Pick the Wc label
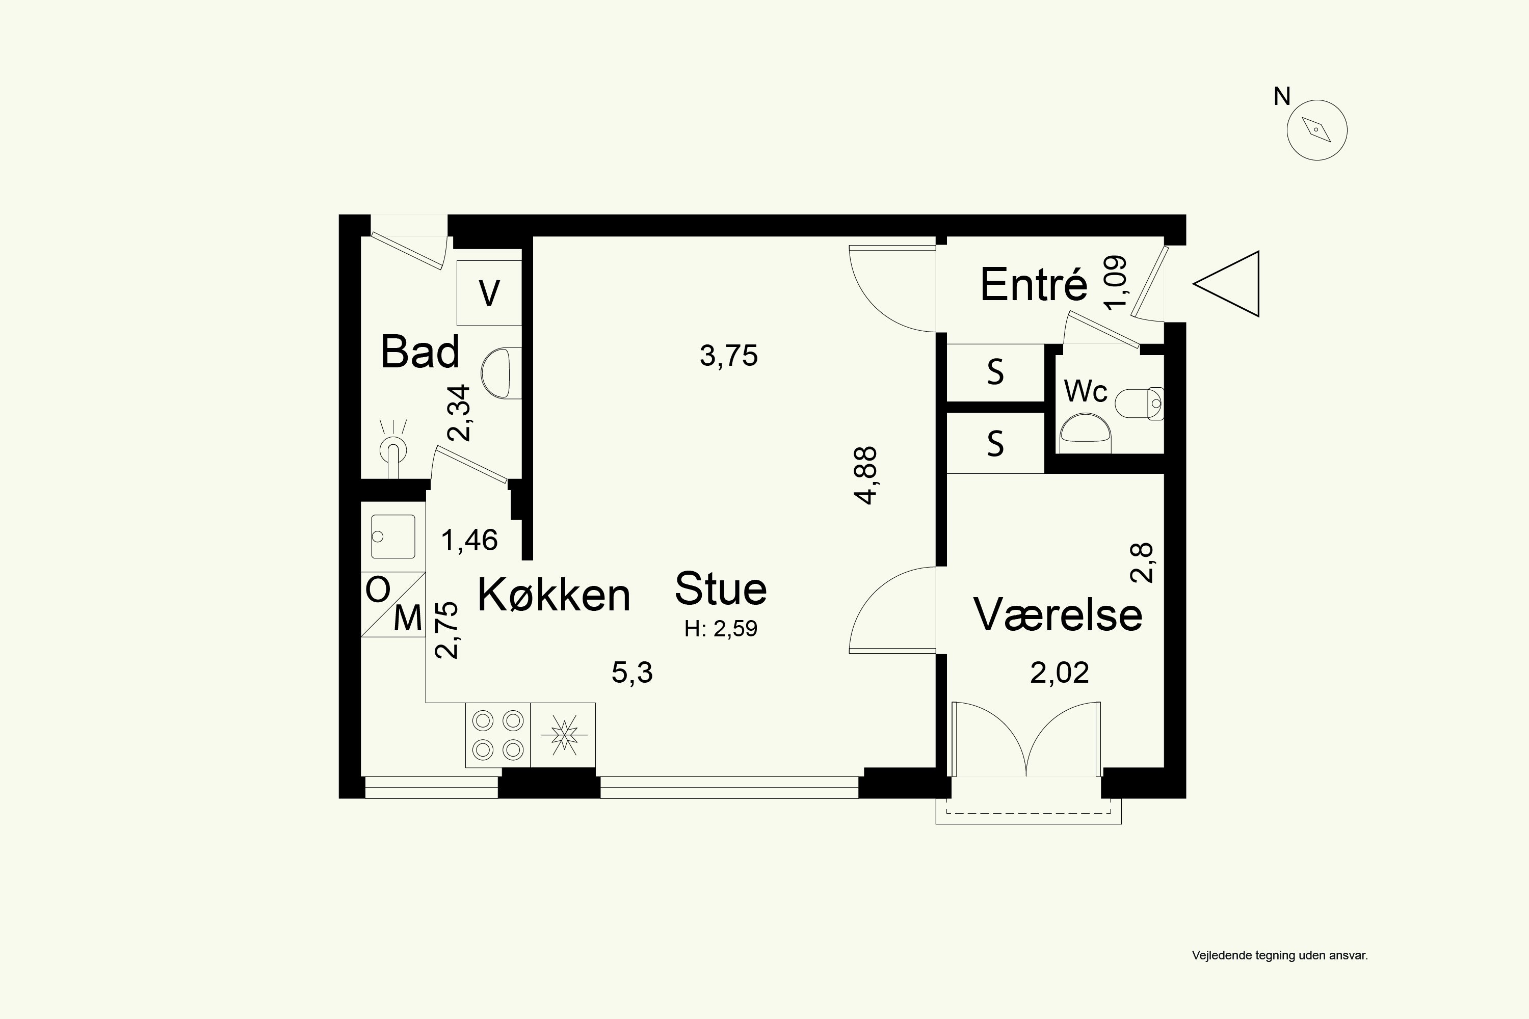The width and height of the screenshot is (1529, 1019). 1085,391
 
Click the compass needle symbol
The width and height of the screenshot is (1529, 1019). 1317,130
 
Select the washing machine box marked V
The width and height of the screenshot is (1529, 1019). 489,292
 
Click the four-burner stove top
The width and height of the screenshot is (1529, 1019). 498,735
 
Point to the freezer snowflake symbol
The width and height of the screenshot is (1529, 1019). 564,735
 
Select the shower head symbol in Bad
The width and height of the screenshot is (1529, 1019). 392,449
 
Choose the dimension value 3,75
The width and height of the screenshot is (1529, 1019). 729,356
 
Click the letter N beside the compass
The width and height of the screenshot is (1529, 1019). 1282,96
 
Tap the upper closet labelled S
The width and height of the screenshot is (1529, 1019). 995,372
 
